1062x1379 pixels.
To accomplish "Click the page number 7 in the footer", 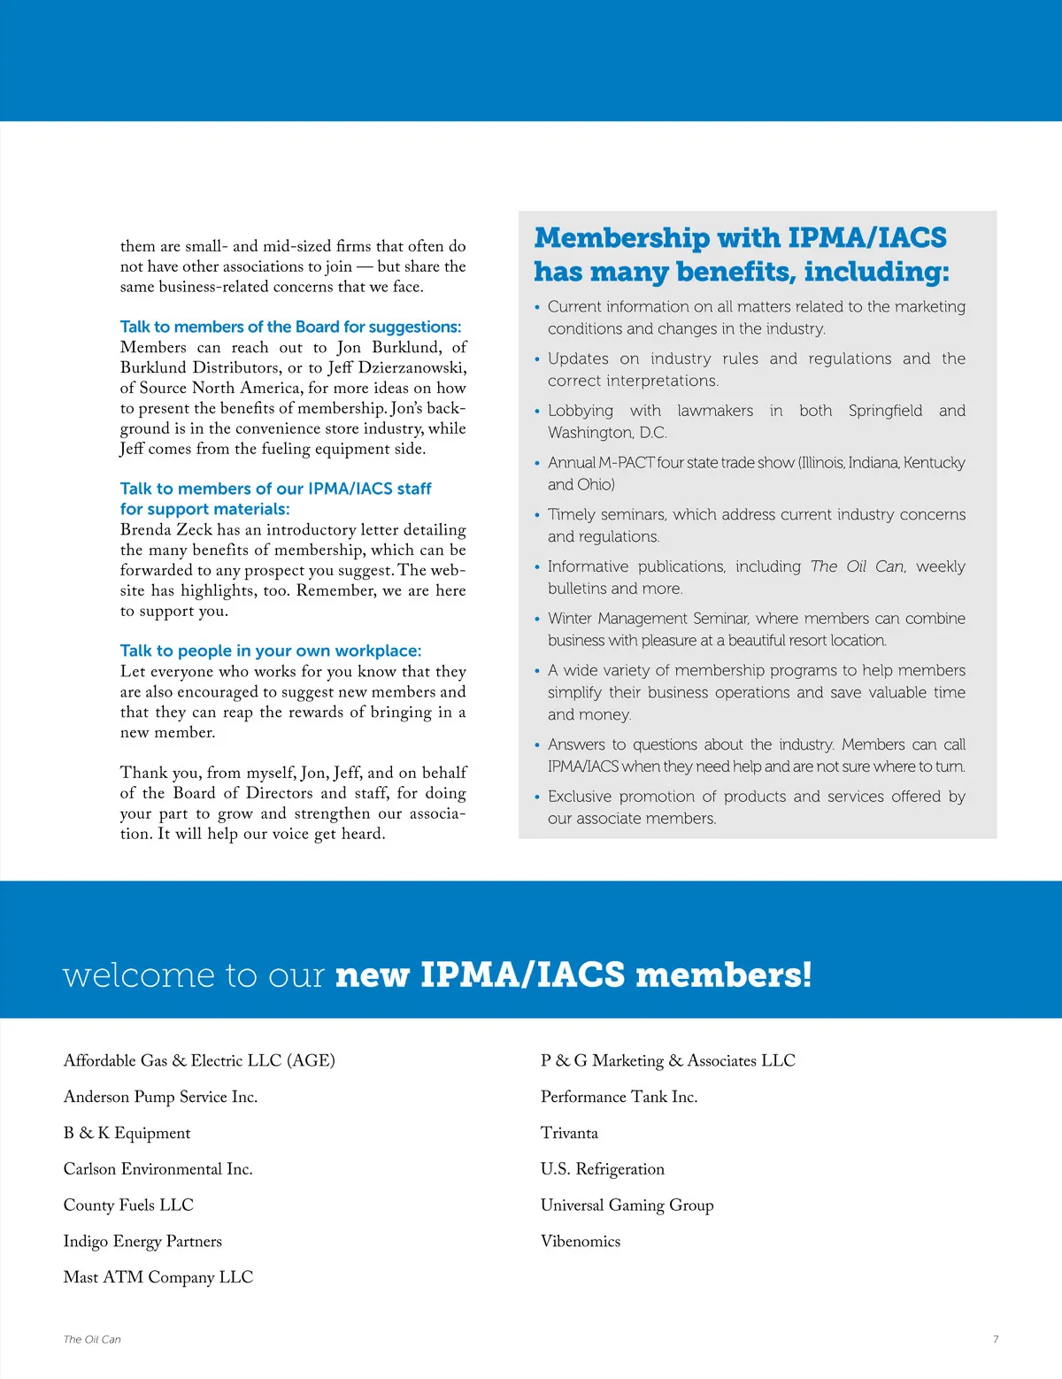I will click(996, 1339).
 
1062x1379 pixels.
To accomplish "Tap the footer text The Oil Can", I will click(92, 1339).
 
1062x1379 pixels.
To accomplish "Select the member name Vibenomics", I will click(581, 1241).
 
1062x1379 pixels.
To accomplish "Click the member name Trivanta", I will click(569, 1133).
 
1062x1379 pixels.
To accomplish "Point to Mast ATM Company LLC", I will click(158, 1277).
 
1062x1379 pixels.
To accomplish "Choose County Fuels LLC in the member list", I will click(128, 1205).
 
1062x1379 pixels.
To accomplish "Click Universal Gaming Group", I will click(627, 1205).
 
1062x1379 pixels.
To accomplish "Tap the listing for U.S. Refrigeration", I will click(602, 1169).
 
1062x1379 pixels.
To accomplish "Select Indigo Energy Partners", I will click(142, 1241).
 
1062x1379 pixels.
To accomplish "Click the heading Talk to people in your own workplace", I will click(271, 651).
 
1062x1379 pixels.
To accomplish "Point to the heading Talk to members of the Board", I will click(290, 327).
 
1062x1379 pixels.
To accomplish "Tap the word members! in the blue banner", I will click(723, 975).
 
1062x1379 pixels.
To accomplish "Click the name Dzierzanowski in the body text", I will click(412, 367).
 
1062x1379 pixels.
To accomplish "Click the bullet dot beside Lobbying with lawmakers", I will click(537, 412).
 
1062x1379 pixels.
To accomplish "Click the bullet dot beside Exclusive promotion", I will click(537, 797).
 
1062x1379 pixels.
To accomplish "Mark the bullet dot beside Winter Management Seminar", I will click(537, 620).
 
